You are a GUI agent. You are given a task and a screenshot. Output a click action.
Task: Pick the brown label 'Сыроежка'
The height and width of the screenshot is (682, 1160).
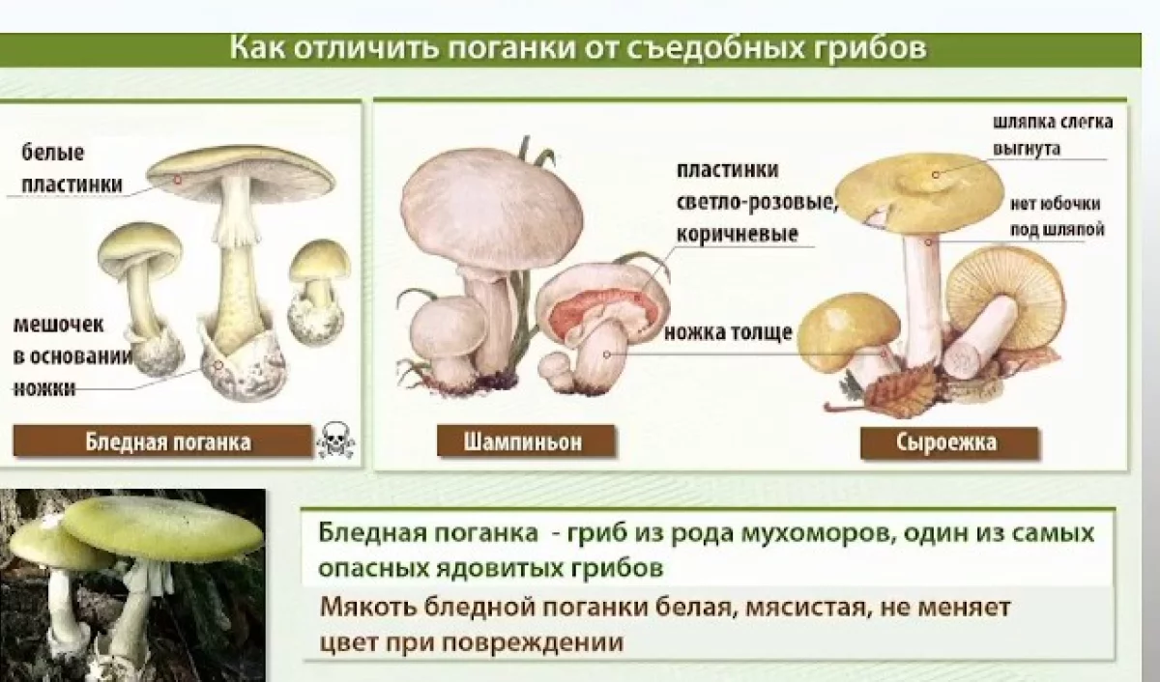point(946,443)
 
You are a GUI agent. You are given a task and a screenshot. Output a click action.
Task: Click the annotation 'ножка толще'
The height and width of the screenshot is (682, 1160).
point(728,333)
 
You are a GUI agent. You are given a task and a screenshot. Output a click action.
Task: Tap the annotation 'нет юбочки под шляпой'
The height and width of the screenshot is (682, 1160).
point(1056,217)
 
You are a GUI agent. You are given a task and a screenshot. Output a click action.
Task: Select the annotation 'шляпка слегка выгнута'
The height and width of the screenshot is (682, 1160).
point(1053,135)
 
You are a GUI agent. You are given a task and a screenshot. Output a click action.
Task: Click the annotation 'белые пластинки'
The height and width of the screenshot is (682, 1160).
point(73,168)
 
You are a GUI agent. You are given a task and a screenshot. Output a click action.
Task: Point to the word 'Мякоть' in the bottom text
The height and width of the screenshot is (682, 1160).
point(362,610)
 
